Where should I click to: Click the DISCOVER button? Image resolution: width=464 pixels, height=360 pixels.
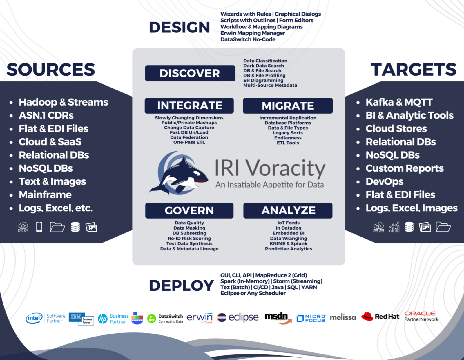(190, 73)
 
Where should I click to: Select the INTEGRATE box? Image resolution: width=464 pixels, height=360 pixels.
(189, 106)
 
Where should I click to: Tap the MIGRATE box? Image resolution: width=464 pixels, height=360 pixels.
(288, 106)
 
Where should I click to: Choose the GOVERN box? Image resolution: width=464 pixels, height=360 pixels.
(189, 211)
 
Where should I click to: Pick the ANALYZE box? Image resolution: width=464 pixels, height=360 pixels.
(288, 211)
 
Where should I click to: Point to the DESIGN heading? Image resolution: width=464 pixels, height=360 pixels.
(179, 27)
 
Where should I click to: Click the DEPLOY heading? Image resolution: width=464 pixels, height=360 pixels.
(181, 285)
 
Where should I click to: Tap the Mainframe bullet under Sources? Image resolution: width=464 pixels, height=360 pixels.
(45, 194)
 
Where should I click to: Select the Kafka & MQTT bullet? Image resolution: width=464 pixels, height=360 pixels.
(399, 102)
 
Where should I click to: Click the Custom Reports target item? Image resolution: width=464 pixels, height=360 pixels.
(405, 168)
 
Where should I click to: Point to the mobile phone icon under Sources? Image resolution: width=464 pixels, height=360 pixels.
(39, 227)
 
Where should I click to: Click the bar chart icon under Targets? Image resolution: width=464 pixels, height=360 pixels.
(394, 227)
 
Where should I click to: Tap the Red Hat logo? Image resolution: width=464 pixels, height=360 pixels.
(380, 317)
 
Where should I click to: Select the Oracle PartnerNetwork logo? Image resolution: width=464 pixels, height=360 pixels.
(421, 316)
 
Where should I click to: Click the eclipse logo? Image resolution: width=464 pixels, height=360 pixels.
(238, 317)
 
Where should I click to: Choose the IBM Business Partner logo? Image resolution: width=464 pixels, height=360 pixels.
(81, 319)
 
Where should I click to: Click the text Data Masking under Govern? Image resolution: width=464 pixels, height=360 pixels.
(189, 228)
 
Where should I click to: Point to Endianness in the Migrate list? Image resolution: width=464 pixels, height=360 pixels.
(288, 138)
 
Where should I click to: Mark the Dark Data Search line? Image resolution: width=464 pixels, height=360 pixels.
(264, 66)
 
